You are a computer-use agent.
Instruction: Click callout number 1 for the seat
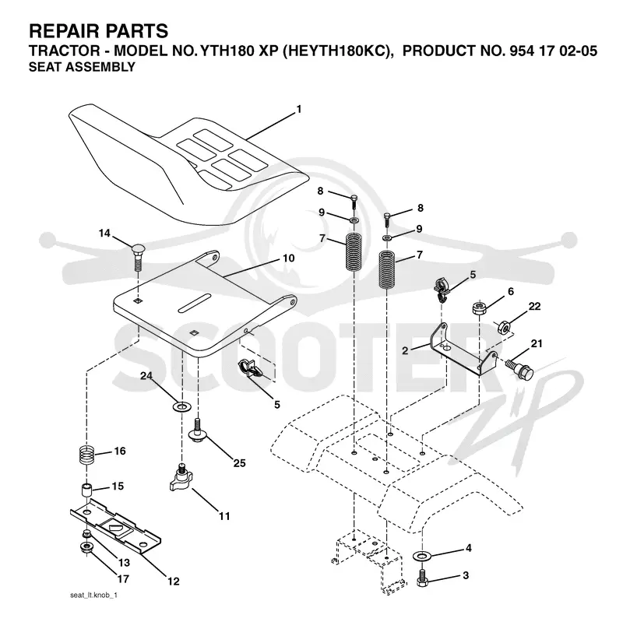click(x=299, y=109)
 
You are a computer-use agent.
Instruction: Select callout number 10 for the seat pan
click(x=289, y=258)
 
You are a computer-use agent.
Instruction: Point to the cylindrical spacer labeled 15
click(x=86, y=490)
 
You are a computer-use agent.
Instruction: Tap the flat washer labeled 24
click(x=181, y=406)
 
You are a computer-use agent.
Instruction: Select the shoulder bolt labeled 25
click(x=198, y=430)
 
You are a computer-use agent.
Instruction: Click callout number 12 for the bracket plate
click(x=174, y=582)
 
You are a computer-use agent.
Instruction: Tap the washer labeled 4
click(x=422, y=555)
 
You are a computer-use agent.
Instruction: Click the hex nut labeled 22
click(x=504, y=326)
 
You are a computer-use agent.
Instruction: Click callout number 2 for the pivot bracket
click(x=405, y=350)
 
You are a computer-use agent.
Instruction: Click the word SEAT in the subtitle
click(x=45, y=67)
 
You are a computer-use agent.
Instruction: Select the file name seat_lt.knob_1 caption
click(x=93, y=596)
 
